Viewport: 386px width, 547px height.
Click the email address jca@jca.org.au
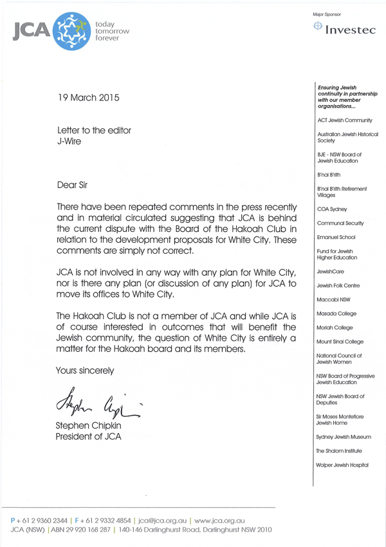click(163, 519)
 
